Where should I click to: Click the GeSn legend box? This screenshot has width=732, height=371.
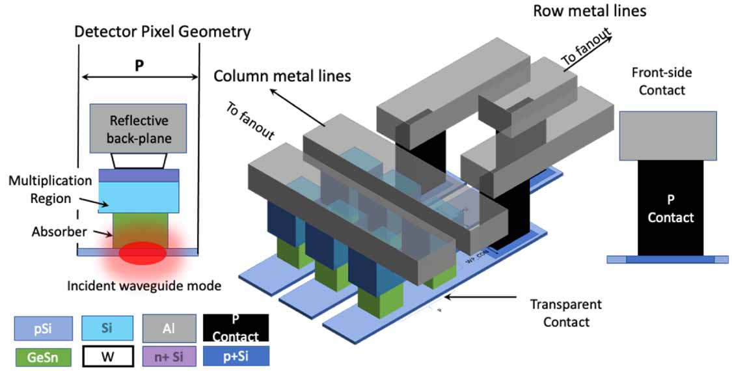[40, 357]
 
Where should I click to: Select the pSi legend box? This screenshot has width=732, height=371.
[40, 328]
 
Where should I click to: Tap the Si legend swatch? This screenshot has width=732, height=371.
[107, 328]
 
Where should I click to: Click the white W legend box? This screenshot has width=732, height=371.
[107, 357]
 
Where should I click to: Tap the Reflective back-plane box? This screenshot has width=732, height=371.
[139, 128]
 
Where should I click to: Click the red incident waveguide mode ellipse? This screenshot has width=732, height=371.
[140, 253]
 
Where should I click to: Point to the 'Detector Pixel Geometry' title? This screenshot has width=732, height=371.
[162, 31]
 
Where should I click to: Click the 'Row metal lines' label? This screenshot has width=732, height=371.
[590, 11]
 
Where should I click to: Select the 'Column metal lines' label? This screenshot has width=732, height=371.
[282, 76]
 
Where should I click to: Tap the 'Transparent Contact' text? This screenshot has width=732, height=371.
[565, 312]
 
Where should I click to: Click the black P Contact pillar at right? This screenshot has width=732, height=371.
[670, 208]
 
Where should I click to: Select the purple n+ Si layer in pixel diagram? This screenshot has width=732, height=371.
[139, 176]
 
